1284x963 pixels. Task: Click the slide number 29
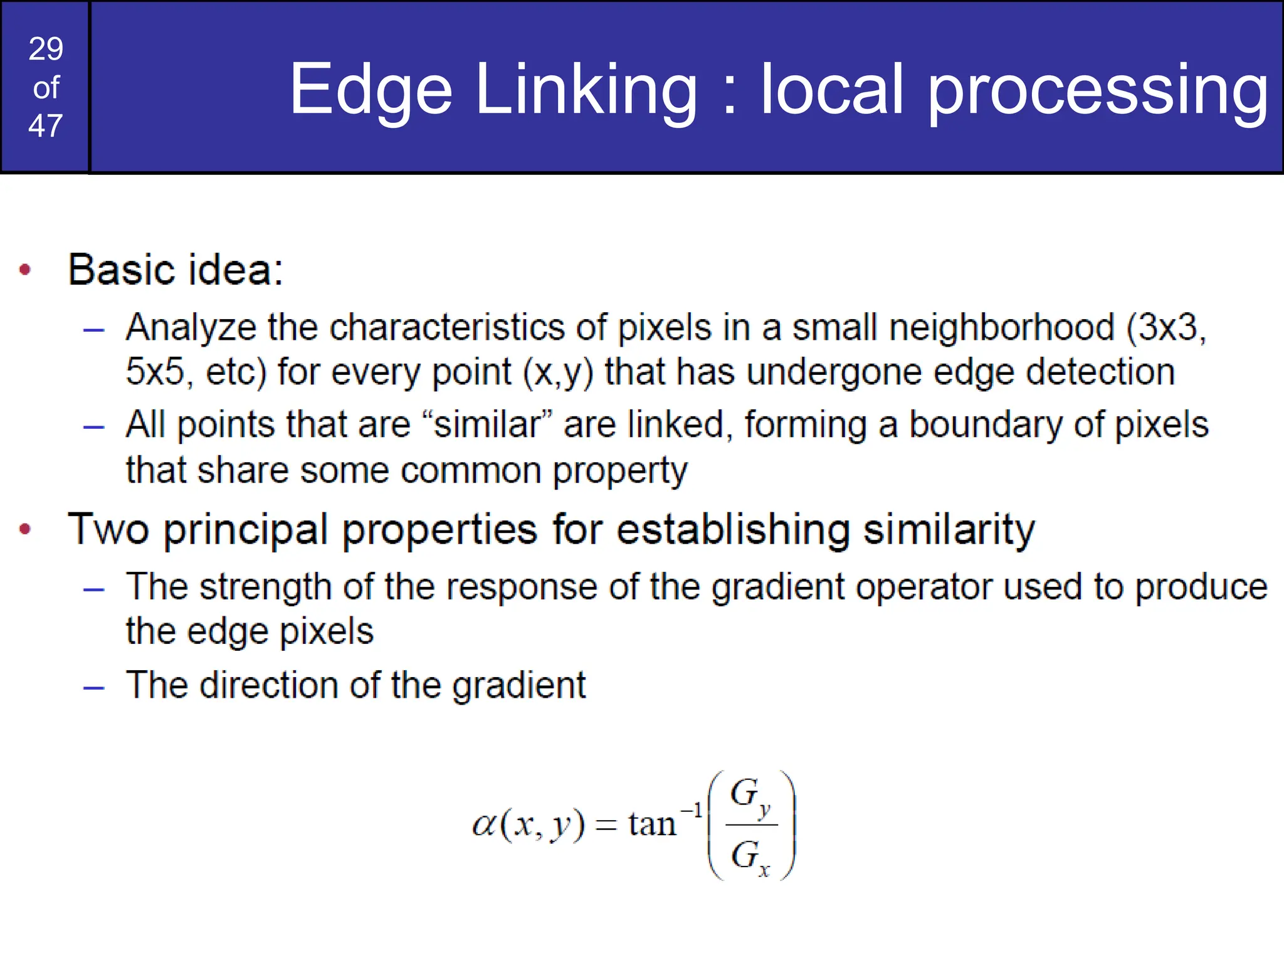click(x=46, y=49)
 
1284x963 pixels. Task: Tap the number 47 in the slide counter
click(x=46, y=126)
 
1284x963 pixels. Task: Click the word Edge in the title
click(x=370, y=90)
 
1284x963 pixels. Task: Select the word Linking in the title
click(x=586, y=90)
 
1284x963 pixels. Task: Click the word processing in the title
click(x=1098, y=90)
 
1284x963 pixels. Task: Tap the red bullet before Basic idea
click(x=25, y=270)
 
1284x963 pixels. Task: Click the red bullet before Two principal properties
click(x=25, y=530)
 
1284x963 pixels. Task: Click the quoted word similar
click(x=487, y=424)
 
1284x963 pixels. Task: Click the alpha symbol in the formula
click(x=484, y=824)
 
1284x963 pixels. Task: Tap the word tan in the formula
click(x=652, y=824)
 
